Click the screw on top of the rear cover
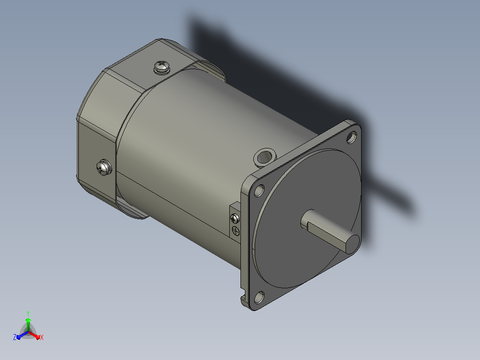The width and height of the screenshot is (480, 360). [x=162, y=67]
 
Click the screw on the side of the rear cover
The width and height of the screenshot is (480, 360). [x=104, y=168]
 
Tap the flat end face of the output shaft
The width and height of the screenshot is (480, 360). [x=353, y=245]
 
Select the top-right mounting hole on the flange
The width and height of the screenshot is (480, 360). [x=352, y=137]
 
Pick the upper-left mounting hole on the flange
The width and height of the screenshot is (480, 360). [x=259, y=191]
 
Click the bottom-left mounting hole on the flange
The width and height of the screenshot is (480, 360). [x=259, y=297]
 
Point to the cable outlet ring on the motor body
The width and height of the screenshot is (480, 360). [x=265, y=157]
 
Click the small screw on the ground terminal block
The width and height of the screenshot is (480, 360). [x=235, y=218]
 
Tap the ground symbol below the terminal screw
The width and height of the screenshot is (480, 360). [x=235, y=230]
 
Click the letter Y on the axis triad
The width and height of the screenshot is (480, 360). [x=28, y=313]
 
